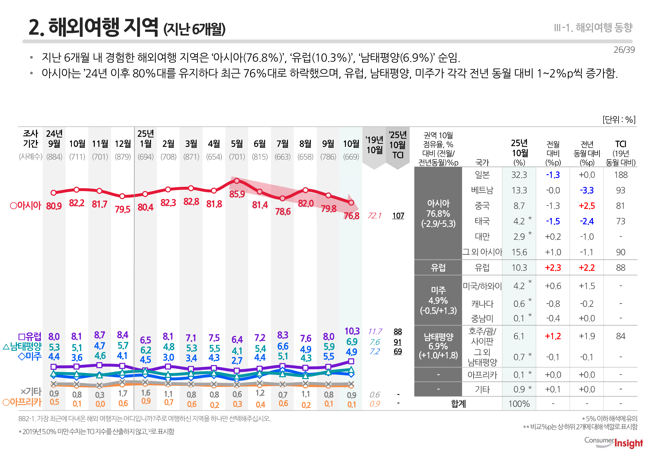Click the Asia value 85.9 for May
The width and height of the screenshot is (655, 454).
(237, 194)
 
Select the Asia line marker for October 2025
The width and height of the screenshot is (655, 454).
(351, 203)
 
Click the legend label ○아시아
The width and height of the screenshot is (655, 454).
(26, 205)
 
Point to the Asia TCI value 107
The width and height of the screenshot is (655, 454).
(398, 216)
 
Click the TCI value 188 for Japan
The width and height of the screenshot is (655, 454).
(621, 175)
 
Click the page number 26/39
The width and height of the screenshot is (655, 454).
(624, 50)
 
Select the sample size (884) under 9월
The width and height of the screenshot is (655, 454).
(54, 157)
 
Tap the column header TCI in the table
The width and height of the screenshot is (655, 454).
(621, 144)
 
